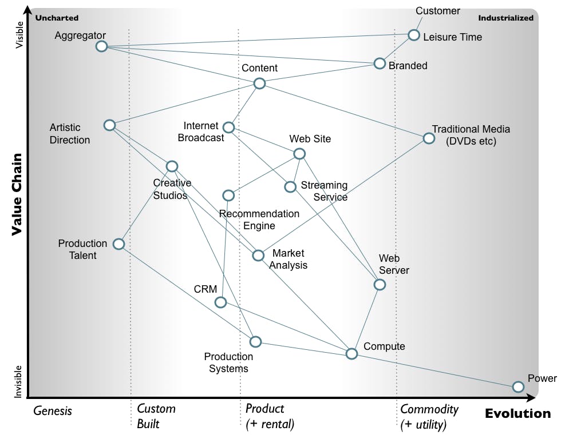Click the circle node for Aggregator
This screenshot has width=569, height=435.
point(101,46)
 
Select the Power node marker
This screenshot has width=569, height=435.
point(518,387)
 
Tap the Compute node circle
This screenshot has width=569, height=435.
point(352,354)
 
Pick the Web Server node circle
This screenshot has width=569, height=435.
point(380,285)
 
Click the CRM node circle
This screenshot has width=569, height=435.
point(220,302)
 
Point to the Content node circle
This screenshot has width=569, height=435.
point(259,84)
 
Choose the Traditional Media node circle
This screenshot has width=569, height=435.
point(429,138)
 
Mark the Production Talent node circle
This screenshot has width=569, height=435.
point(118,244)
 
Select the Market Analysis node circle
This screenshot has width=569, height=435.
point(258,255)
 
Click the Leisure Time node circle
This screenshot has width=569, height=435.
point(414,35)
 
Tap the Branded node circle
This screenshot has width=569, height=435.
point(380,63)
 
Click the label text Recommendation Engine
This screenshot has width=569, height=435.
point(259,220)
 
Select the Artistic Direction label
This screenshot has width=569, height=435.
point(69,134)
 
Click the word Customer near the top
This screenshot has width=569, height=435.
point(438,11)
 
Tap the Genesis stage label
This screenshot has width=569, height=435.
point(53,410)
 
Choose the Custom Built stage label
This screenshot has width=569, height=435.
point(156,416)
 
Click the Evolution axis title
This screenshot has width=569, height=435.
point(517,413)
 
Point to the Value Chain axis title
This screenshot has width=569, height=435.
point(17,194)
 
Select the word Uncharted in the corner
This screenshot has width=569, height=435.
point(57,18)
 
